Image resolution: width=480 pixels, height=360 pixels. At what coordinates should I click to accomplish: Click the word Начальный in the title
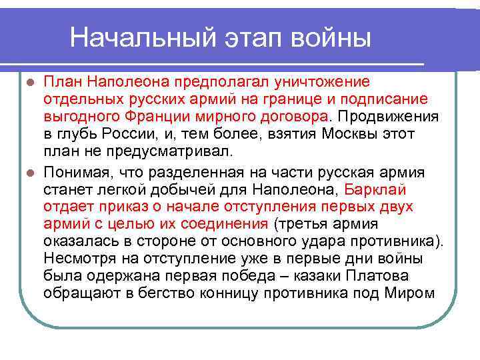coord(133,37)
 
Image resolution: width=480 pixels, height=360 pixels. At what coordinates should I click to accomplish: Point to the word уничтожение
coord(319,81)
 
